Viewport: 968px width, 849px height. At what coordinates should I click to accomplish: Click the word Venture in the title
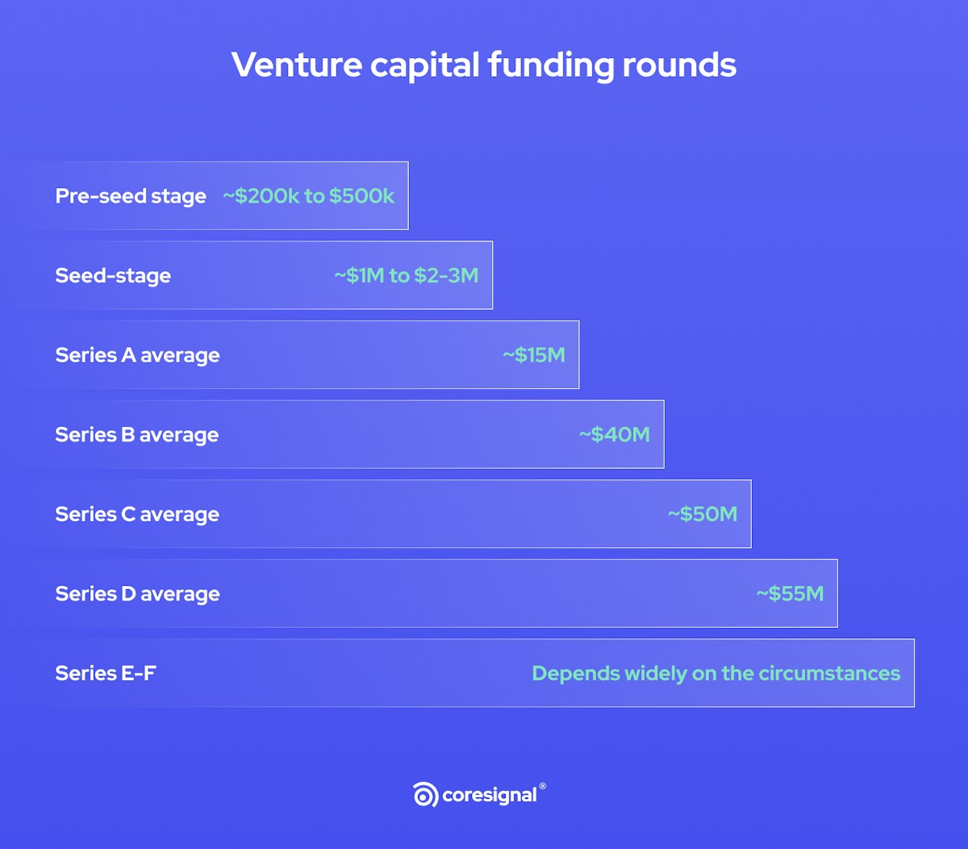297,65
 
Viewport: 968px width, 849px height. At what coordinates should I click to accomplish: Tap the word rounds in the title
679,65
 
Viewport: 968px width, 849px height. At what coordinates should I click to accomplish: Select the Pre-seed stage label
131,196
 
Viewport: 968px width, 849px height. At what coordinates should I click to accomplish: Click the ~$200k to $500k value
309,196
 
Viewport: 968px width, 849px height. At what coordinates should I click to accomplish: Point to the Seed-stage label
113,276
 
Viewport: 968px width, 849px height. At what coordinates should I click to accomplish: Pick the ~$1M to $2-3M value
406,275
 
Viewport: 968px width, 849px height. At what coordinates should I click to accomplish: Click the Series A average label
138,356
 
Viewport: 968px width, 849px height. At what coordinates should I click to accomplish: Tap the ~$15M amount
534,355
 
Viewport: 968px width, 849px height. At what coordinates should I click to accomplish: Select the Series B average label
137,435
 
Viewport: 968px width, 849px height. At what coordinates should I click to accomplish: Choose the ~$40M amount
615,434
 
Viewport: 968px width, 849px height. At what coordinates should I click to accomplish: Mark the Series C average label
138,515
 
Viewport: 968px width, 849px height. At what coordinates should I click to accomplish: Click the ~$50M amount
703,514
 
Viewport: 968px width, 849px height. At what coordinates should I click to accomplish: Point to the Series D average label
138,594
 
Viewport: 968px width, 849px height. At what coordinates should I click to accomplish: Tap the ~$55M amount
790,594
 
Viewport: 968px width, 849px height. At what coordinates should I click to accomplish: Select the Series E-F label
106,674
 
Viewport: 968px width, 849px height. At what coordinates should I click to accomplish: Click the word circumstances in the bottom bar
829,674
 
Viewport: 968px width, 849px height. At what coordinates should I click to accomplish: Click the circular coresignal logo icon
425,794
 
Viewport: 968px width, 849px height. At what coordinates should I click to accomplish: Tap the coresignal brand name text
490,796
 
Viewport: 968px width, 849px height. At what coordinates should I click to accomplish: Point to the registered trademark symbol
542,786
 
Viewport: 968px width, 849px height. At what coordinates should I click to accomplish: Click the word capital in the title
425,65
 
